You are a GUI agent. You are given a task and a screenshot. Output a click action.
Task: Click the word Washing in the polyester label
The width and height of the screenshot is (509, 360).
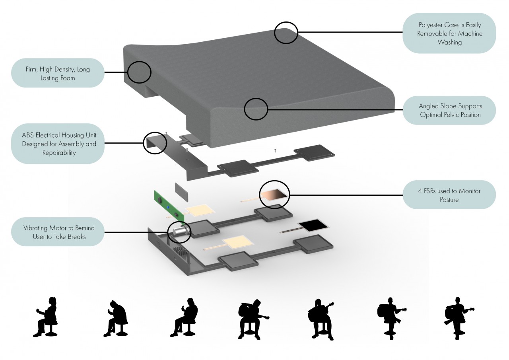pyautogui.click(x=449, y=42)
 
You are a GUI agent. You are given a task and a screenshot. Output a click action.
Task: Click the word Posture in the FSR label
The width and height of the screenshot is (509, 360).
pyautogui.click(x=449, y=200)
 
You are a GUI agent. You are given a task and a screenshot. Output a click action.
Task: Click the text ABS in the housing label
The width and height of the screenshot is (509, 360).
pyautogui.click(x=28, y=135)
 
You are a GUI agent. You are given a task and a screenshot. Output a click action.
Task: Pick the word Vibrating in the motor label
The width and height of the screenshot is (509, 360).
pyautogui.click(x=37, y=228)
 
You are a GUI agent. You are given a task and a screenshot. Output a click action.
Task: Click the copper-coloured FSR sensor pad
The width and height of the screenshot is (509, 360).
pyautogui.click(x=274, y=194)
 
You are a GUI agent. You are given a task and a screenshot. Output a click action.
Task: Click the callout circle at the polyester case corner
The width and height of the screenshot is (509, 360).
pyautogui.click(x=286, y=33)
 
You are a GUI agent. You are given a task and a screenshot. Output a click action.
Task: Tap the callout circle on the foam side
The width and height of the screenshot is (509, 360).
pyautogui.click(x=139, y=72)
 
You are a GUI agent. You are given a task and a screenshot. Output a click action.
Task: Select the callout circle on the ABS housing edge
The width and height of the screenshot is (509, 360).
pyautogui.click(x=155, y=143)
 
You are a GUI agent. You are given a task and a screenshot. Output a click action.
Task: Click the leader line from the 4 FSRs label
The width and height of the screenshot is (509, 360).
pyautogui.click(x=346, y=195)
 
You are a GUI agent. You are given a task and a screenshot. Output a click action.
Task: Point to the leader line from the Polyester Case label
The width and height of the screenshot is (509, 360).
pyautogui.click(x=350, y=32)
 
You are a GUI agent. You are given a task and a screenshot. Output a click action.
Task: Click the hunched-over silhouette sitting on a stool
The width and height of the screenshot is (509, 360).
pyautogui.click(x=116, y=318)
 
